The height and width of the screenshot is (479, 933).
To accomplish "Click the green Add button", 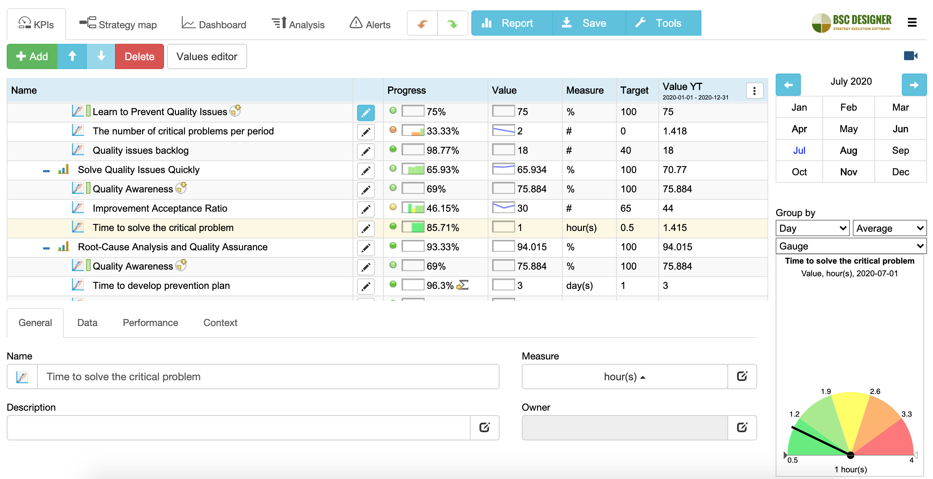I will pyautogui.click(x=32, y=56).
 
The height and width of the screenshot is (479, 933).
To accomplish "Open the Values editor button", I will pyautogui.click(x=207, y=56).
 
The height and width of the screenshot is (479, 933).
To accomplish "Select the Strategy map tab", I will pyautogui.click(x=118, y=24).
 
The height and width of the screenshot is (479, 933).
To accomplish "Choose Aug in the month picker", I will pyautogui.click(x=848, y=150).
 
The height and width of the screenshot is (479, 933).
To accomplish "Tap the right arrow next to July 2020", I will pyautogui.click(x=914, y=85).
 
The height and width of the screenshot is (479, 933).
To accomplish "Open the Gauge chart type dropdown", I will pyautogui.click(x=851, y=246).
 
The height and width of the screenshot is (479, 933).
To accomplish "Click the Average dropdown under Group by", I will pyautogui.click(x=889, y=228).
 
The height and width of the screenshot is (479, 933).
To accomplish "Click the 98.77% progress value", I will pyautogui.click(x=443, y=150).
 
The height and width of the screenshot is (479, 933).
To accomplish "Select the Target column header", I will pyautogui.click(x=634, y=90).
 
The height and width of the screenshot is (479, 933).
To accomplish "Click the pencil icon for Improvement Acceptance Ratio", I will pyautogui.click(x=366, y=209).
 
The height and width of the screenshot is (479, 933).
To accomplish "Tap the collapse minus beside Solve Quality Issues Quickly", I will pyautogui.click(x=46, y=171).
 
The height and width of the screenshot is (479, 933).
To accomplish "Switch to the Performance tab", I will pyautogui.click(x=150, y=323).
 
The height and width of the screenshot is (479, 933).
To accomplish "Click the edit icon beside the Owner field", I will pyautogui.click(x=742, y=427).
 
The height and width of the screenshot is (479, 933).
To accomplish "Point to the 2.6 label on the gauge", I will pyautogui.click(x=875, y=391).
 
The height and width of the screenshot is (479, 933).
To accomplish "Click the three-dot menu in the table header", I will pyautogui.click(x=754, y=91).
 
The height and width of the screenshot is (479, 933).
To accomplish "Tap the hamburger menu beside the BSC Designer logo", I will pyautogui.click(x=912, y=23).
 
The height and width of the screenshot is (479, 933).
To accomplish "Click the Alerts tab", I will pyautogui.click(x=370, y=24).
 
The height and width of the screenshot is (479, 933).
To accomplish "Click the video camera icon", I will pyautogui.click(x=910, y=56).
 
